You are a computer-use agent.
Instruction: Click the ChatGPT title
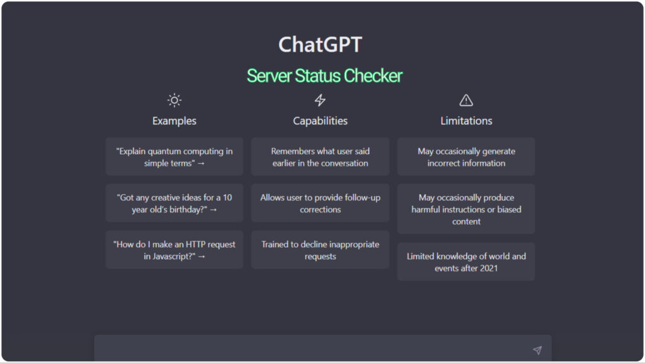[x=320, y=45]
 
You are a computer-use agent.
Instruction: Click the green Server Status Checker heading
[x=324, y=76]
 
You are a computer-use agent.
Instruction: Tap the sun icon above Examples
[x=174, y=100]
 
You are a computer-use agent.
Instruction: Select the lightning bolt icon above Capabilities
[x=320, y=100]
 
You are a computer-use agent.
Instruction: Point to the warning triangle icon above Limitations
[x=466, y=100]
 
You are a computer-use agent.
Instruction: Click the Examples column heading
[x=174, y=121]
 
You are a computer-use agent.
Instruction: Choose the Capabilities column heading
[x=320, y=121]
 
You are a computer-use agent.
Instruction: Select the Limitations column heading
[x=466, y=121]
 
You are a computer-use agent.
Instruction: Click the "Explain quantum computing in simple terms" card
[x=174, y=157]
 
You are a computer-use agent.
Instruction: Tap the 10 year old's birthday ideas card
[x=174, y=204]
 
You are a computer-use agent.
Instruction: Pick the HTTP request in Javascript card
[x=174, y=250]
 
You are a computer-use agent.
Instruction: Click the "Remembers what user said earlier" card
[x=320, y=157]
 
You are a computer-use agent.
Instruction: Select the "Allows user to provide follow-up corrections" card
[x=320, y=204]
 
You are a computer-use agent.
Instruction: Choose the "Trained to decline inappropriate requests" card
[x=320, y=250]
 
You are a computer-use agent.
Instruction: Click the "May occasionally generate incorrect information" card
[x=466, y=157]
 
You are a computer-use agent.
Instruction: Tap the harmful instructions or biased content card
[x=466, y=209]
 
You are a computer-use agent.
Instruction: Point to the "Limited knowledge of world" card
[x=466, y=262]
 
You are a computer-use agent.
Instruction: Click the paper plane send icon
[x=537, y=350]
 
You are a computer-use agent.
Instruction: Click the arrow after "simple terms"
[x=201, y=163]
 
